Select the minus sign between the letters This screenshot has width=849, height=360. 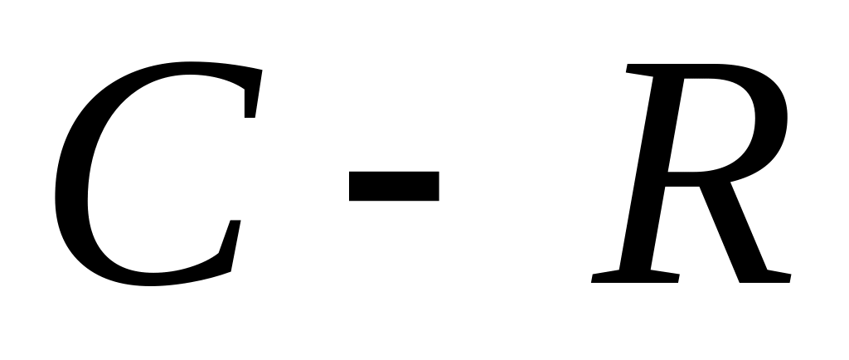393,186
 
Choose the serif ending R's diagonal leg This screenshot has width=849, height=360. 767,276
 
